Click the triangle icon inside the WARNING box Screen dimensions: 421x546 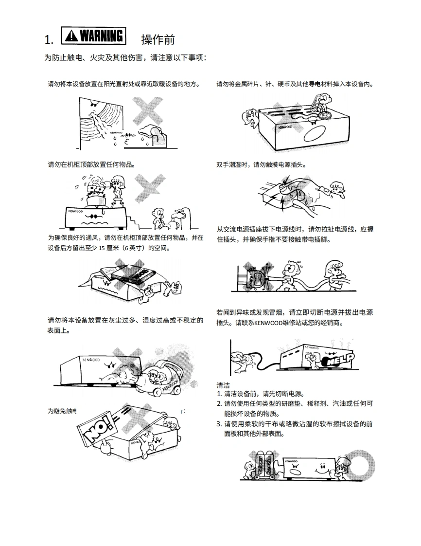(71, 36)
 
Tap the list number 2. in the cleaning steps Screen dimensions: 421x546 (219, 404)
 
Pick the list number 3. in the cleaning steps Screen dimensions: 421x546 (219, 424)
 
